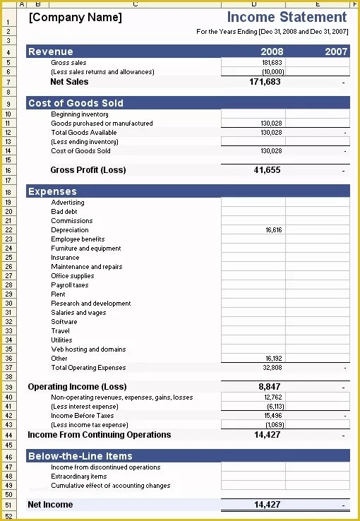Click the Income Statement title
(x=287, y=17)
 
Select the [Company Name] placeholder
(x=75, y=18)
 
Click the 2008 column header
(x=272, y=52)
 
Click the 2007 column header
(x=336, y=52)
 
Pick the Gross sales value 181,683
(x=272, y=63)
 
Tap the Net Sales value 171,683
(x=267, y=82)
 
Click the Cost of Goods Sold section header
(x=76, y=103)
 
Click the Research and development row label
(x=90, y=304)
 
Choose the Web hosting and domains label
(x=88, y=349)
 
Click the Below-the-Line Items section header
(x=80, y=456)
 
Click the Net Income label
(x=50, y=505)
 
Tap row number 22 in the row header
(x=8, y=230)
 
